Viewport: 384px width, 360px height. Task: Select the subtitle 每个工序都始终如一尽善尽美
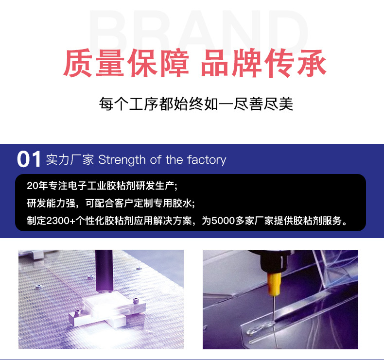click(x=196, y=104)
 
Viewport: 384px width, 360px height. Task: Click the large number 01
click(x=29, y=160)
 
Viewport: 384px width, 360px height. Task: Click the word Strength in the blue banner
click(x=122, y=160)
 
